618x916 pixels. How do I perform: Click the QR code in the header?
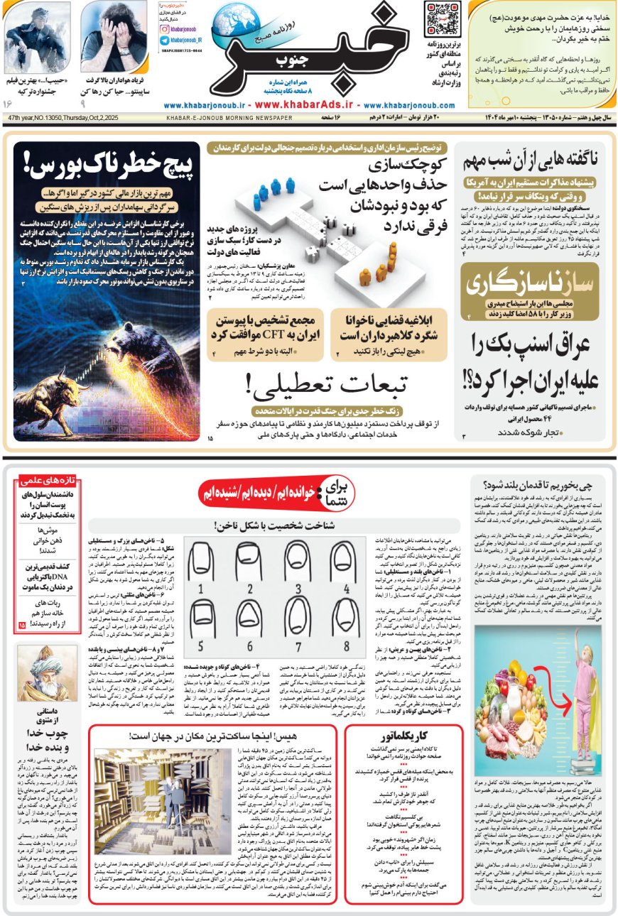pos(443,20)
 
